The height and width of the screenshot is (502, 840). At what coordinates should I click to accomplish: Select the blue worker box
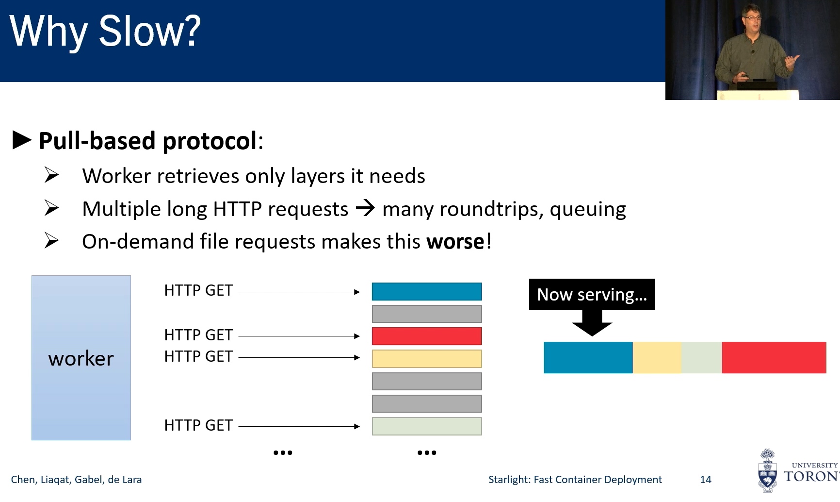81,358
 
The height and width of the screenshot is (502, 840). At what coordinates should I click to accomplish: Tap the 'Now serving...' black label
592,294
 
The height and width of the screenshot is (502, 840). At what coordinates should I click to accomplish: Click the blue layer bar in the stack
427,292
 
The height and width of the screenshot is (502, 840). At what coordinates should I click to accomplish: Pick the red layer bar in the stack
427,336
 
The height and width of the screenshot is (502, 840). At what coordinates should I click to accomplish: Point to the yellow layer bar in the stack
427,359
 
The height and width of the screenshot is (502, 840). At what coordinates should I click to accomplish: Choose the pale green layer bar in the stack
427,426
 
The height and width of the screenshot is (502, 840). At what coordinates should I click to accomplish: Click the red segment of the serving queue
774,357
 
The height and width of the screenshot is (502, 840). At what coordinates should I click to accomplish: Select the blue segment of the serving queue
588,357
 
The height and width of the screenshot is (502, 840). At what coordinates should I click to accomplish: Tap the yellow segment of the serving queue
657,357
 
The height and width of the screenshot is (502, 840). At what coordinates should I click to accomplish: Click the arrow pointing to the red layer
299,336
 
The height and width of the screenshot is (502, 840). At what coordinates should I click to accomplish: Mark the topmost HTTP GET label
198,290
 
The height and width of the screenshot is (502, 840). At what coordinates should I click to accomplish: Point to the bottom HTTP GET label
198,425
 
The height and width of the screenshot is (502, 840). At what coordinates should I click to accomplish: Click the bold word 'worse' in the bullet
455,242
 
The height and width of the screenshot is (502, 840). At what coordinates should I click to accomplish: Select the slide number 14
706,480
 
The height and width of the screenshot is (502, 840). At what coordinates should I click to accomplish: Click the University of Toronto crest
767,470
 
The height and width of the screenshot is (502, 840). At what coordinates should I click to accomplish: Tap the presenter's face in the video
752,19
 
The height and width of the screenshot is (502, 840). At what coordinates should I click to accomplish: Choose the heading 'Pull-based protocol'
148,141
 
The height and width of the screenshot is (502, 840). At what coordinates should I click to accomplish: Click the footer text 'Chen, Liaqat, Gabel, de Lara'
76,480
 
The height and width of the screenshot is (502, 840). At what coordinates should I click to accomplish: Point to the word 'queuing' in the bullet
588,210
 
